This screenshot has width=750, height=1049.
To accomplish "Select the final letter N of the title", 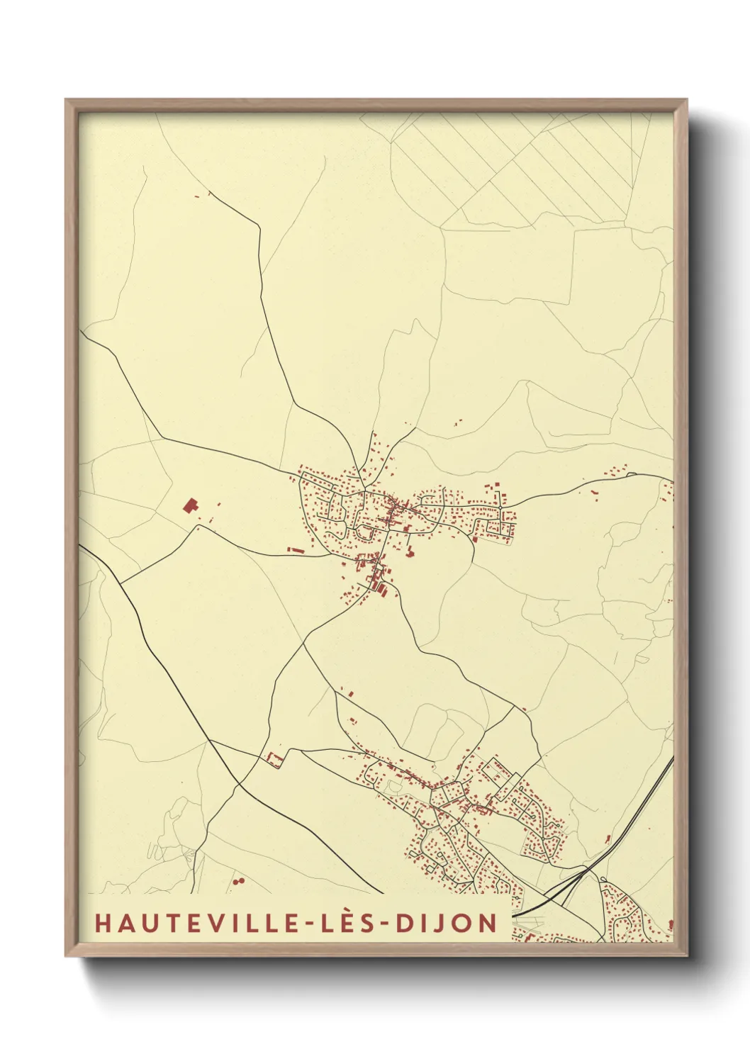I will [x=488, y=923].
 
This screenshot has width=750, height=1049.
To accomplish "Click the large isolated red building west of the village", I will [x=189, y=505].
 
